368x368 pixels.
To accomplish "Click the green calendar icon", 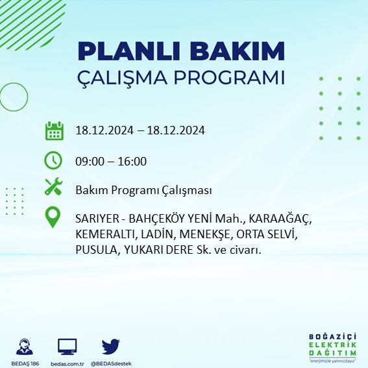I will pos(53,130).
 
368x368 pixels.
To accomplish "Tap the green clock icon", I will pos(53,160).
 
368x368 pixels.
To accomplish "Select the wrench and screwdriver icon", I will pos(53,188).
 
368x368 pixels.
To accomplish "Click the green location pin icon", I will pos(53,217).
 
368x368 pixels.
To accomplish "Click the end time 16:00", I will pos(133,161).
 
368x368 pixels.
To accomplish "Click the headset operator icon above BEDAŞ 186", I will pos(25,347).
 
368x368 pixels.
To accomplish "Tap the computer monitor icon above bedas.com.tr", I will pos(67,347).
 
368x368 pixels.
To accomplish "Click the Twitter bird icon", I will pos(110,346).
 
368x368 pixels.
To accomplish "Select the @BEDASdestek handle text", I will pos(111,363).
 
